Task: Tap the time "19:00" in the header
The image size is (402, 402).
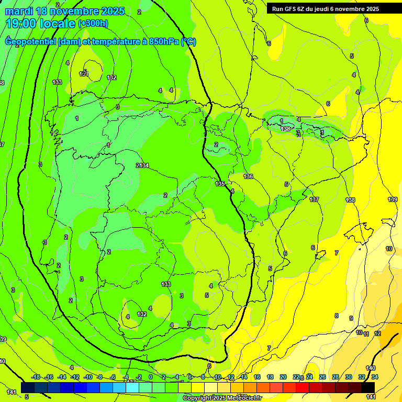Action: (x=20, y=23)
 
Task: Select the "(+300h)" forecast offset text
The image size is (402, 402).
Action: (x=93, y=24)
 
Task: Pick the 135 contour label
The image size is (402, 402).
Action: (x=220, y=184)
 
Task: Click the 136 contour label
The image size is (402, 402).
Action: (x=248, y=176)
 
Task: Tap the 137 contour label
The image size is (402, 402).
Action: (x=314, y=199)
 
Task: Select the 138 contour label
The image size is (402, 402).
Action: (x=350, y=200)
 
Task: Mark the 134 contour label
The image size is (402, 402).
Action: (x=144, y=165)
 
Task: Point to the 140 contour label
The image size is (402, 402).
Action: (x=371, y=368)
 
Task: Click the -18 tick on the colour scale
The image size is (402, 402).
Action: (x=36, y=377)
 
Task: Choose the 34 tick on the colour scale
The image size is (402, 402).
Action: (x=375, y=377)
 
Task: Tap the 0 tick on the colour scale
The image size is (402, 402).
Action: (x=151, y=377)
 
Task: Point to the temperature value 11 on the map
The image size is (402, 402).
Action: (x=366, y=334)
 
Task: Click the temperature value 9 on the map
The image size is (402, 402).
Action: (x=351, y=318)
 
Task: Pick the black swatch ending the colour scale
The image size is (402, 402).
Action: (x=368, y=387)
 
